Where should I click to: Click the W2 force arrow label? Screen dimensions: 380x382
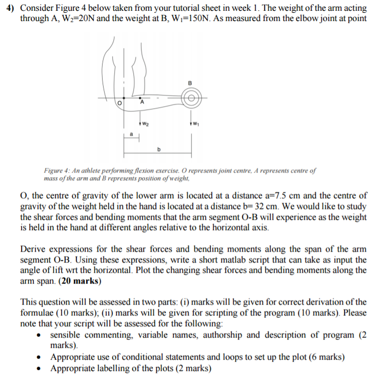pyautogui.click(x=146, y=123)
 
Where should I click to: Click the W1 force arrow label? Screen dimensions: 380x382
pyautogui.click(x=197, y=123)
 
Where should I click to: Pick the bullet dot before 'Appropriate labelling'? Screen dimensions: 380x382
pyautogui.click(x=39, y=368)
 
